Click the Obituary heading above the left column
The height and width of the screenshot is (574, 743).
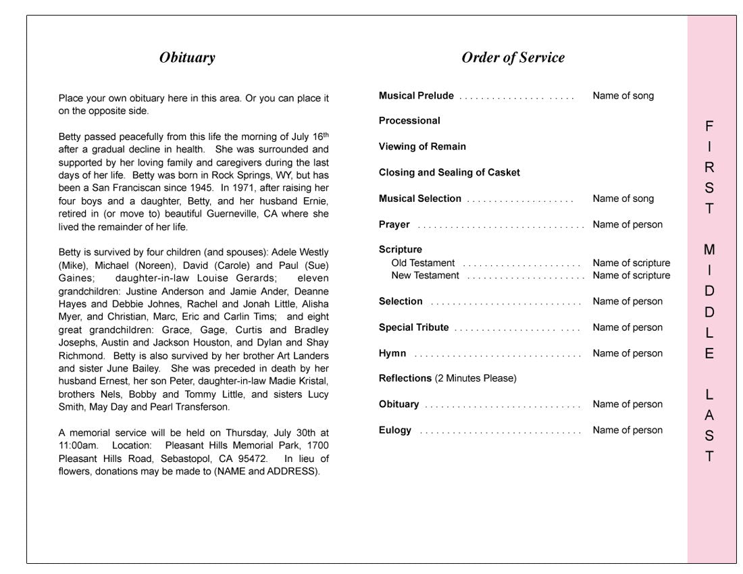click(x=187, y=58)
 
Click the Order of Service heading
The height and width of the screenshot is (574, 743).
click(x=513, y=58)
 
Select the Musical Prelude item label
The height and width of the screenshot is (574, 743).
click(x=416, y=96)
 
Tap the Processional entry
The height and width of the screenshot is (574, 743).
click(x=409, y=121)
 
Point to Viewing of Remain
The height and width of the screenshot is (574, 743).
click(x=422, y=147)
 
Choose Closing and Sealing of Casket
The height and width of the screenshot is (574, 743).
click(x=449, y=173)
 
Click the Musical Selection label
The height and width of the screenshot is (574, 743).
click(x=420, y=199)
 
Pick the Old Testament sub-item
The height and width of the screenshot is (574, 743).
click(x=423, y=263)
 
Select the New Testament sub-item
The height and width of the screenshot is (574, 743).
click(x=425, y=276)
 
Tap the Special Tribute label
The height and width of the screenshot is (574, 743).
click(x=413, y=328)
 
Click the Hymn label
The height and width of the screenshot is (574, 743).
click(x=392, y=353)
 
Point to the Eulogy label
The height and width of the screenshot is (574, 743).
click(x=395, y=430)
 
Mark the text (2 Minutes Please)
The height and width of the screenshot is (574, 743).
click(x=476, y=378)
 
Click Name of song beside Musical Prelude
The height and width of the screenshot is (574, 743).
click(x=623, y=96)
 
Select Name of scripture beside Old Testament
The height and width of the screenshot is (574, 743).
click(x=632, y=263)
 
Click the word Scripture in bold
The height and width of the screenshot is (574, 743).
click(x=401, y=250)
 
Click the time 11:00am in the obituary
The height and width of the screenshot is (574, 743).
click(x=78, y=446)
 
